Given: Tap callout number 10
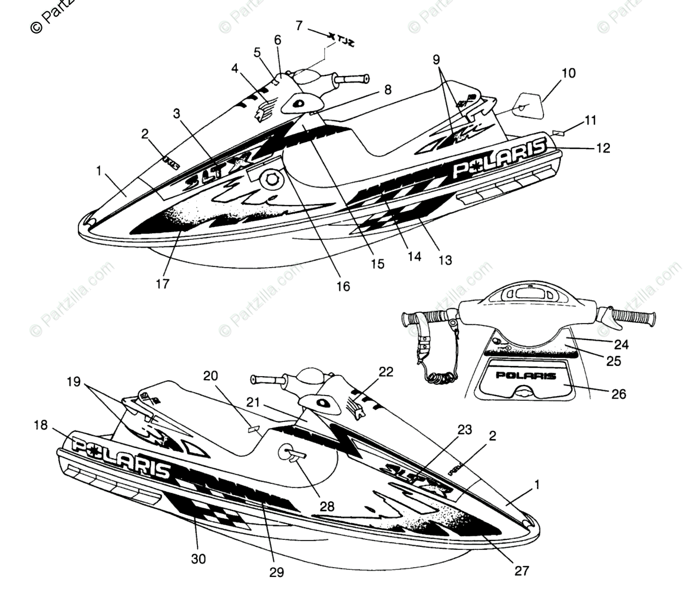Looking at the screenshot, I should (568, 74).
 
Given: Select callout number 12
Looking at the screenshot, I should (602, 149).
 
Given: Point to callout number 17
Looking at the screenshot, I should (163, 284).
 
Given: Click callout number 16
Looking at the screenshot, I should (343, 286).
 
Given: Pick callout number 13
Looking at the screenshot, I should (445, 259).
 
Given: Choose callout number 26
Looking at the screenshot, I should (619, 394).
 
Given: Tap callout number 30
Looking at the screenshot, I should (199, 558).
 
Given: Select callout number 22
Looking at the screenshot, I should (385, 371).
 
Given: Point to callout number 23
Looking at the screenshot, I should (464, 430).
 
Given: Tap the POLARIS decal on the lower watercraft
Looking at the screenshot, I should (121, 454).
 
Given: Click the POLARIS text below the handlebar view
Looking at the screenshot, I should (526, 375).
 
